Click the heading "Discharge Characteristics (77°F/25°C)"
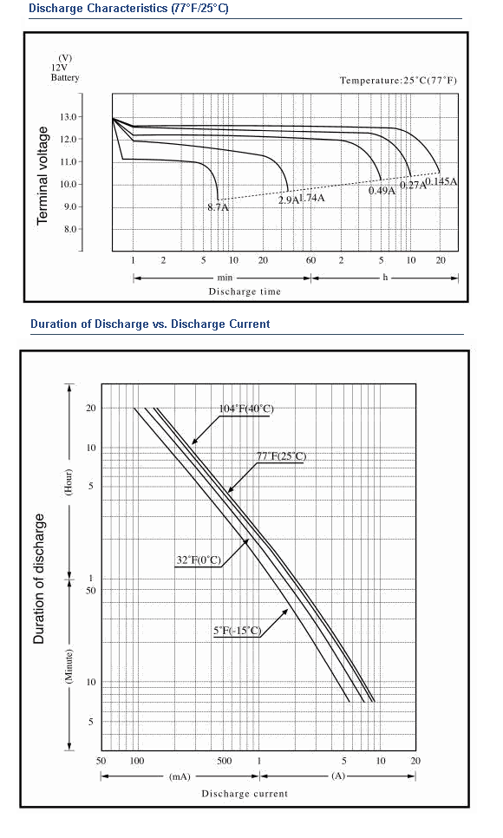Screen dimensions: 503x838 tap(128, 9)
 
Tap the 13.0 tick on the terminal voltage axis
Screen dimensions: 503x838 tap(72, 116)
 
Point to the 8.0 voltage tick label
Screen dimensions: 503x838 tap(72, 229)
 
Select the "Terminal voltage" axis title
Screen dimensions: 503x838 tap(42, 176)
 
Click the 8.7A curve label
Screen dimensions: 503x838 tap(218, 207)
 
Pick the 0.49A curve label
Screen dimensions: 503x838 tap(382, 190)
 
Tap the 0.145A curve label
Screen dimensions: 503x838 tap(441, 181)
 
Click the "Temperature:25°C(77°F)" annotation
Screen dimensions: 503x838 tap(398, 80)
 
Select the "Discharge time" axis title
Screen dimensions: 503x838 tap(245, 291)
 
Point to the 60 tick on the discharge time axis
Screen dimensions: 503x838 tap(310, 260)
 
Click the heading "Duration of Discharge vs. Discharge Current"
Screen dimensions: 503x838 tap(150, 324)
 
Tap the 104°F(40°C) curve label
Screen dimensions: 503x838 tap(246, 409)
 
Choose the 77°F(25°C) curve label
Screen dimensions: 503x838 tap(282, 456)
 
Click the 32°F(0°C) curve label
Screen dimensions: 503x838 tap(199, 560)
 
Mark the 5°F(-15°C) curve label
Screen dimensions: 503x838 tap(238, 631)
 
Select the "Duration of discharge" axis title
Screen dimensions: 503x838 tap(39, 579)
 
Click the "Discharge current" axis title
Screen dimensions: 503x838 tap(245, 794)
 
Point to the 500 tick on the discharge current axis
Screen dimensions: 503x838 tap(225, 761)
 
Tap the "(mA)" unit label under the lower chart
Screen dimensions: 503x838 tap(180, 776)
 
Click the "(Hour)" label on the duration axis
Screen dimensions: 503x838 tap(69, 482)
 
